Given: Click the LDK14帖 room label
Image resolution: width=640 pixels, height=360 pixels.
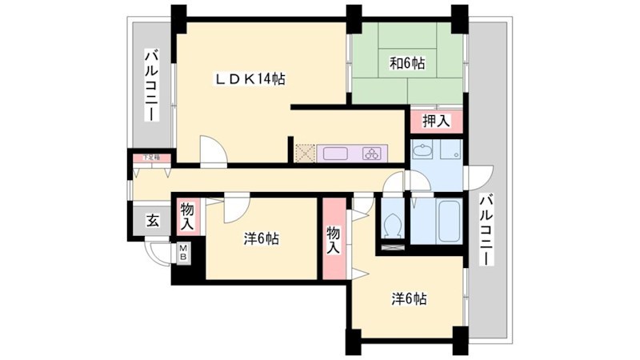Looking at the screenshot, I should coord(250,79).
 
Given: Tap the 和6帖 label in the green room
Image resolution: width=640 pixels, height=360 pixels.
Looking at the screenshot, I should coord(406,62).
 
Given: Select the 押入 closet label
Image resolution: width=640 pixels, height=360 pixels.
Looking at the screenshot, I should coord(436,122).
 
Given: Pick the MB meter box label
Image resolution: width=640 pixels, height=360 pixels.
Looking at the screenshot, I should coord(182,254).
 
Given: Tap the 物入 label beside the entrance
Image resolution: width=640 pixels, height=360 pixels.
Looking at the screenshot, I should coord(187,217).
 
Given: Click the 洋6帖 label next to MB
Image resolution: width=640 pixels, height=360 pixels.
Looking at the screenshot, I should coord(261,238).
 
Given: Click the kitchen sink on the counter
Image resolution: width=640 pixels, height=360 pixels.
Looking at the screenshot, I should coord(335,154).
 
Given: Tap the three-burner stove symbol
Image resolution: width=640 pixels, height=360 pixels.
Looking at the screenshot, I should coord(373,154).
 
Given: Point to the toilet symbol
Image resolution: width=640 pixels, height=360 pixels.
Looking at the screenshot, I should coord(392,226).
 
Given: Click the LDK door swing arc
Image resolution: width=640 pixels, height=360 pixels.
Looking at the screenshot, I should coord(212,151).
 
